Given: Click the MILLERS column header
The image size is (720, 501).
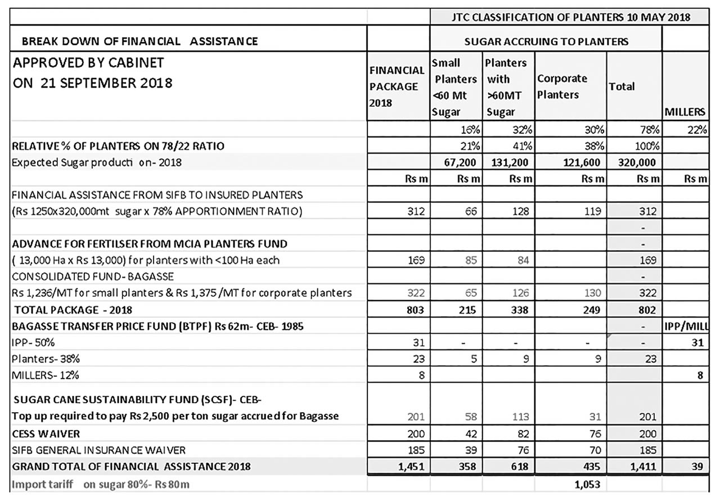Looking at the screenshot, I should tap(685, 112).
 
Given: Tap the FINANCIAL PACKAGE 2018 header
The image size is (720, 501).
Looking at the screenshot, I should tap(397, 87).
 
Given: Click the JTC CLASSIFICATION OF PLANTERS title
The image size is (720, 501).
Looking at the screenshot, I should tap(571, 17).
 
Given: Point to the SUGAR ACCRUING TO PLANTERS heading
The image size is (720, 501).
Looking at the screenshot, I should tap(546, 41).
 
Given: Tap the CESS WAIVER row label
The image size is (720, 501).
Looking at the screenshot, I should tap(46, 434).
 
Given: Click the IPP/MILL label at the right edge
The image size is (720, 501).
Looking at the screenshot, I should tap(686, 326).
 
